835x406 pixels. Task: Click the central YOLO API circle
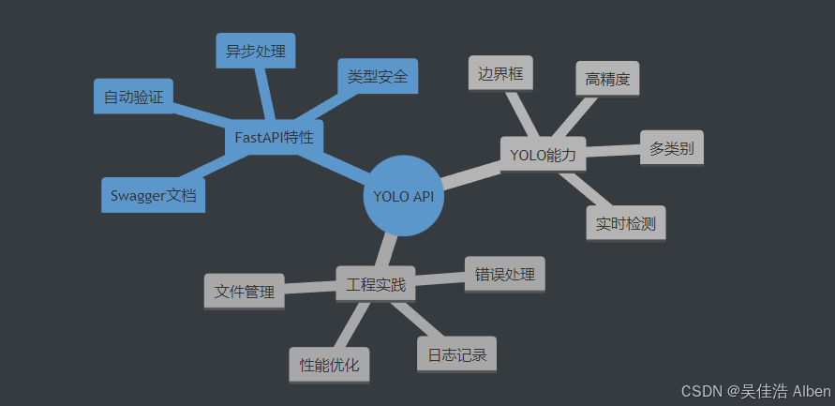403,196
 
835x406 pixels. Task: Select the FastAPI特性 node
274,137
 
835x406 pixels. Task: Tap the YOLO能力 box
543,153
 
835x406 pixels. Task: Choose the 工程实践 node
376,283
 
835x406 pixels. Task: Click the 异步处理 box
255,51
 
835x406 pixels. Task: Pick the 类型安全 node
377,76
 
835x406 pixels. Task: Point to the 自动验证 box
133,96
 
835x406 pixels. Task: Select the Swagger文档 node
153,195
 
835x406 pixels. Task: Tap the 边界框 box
500,73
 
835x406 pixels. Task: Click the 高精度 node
606,79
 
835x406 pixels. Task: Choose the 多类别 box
672,147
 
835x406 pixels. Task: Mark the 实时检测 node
625,223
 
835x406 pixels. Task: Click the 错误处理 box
504,274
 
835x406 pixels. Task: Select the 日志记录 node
456,354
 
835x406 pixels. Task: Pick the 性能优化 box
329,365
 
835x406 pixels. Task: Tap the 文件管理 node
244,291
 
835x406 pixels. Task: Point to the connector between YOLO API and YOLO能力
471,173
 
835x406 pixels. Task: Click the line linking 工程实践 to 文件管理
309,287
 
